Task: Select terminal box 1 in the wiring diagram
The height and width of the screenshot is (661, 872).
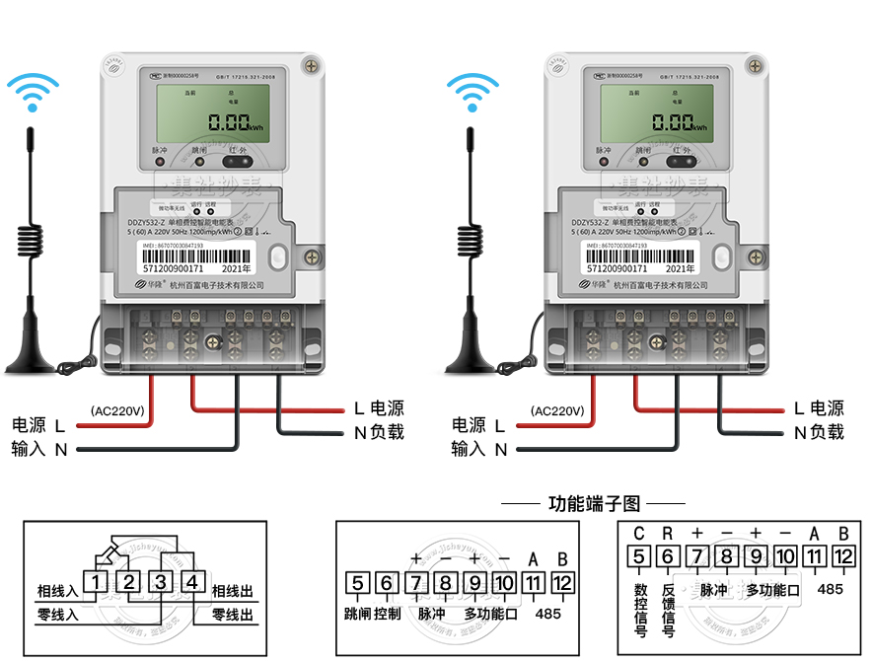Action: coord(95,582)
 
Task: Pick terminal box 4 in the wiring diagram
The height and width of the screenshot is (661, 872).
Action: coord(193,582)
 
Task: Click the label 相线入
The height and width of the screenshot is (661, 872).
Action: coord(57,591)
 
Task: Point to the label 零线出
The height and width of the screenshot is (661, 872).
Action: coord(233,616)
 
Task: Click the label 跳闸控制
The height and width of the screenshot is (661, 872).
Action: coord(373,614)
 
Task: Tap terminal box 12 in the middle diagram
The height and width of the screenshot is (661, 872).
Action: coord(562,583)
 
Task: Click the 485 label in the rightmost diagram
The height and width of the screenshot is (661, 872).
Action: coord(831,589)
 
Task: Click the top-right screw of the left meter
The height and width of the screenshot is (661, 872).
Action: coord(313,66)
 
